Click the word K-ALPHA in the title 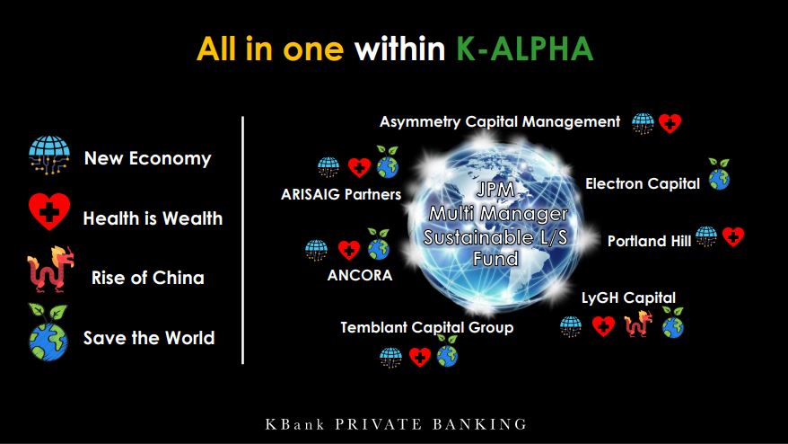click(525, 49)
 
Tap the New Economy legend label click(148, 158)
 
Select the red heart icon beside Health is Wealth click(48, 211)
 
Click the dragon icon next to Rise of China click(50, 270)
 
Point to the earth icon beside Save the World click(48, 333)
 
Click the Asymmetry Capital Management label click(500, 122)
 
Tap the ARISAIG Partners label click(341, 194)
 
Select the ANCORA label click(359, 275)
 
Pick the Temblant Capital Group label click(426, 328)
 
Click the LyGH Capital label click(628, 297)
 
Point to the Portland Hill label click(649, 241)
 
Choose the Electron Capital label click(643, 183)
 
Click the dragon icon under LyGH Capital click(638, 324)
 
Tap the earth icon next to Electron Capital click(719, 174)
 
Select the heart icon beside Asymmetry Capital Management click(670, 123)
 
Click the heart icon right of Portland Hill click(733, 236)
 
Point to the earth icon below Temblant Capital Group click(447, 351)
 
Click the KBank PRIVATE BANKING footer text click(396, 424)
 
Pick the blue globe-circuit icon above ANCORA click(316, 250)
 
